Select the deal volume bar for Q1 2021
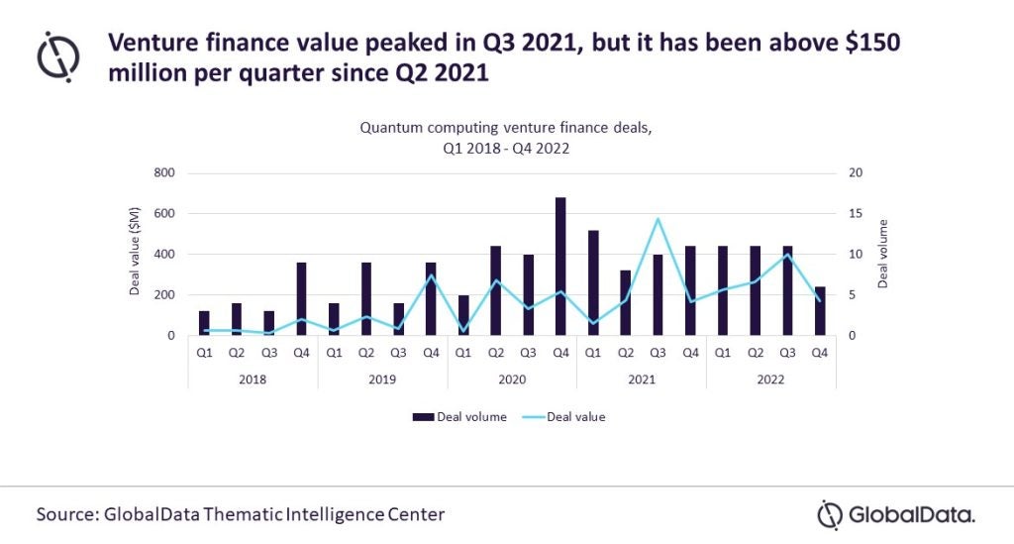click(593, 282)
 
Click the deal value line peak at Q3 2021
click(658, 219)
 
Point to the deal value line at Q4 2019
click(431, 275)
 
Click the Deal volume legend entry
click(459, 417)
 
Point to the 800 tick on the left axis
click(162, 173)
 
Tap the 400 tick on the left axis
click(162, 255)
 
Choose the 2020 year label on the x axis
click(512, 378)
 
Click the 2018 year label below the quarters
click(253, 378)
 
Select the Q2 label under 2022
click(755, 352)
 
